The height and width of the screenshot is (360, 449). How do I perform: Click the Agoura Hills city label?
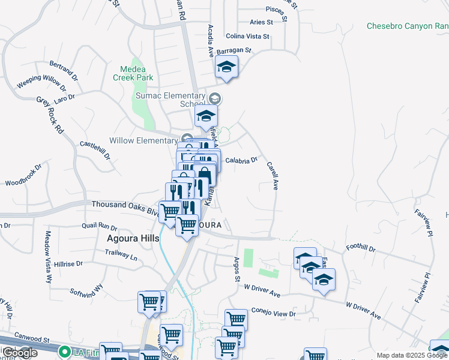coord(133,238)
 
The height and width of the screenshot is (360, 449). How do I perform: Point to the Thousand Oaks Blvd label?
coord(125,206)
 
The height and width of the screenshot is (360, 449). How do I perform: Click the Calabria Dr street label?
coord(241,160)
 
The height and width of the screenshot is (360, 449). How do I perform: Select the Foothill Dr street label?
coord(361,248)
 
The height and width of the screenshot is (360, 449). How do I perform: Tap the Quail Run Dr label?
coord(99,227)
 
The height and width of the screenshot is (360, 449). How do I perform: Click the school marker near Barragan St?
coord(227,67)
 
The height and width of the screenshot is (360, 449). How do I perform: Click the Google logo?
coord(19,353)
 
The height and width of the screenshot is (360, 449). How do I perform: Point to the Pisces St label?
coord(277,10)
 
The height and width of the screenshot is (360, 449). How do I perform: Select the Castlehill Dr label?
coord(95,150)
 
